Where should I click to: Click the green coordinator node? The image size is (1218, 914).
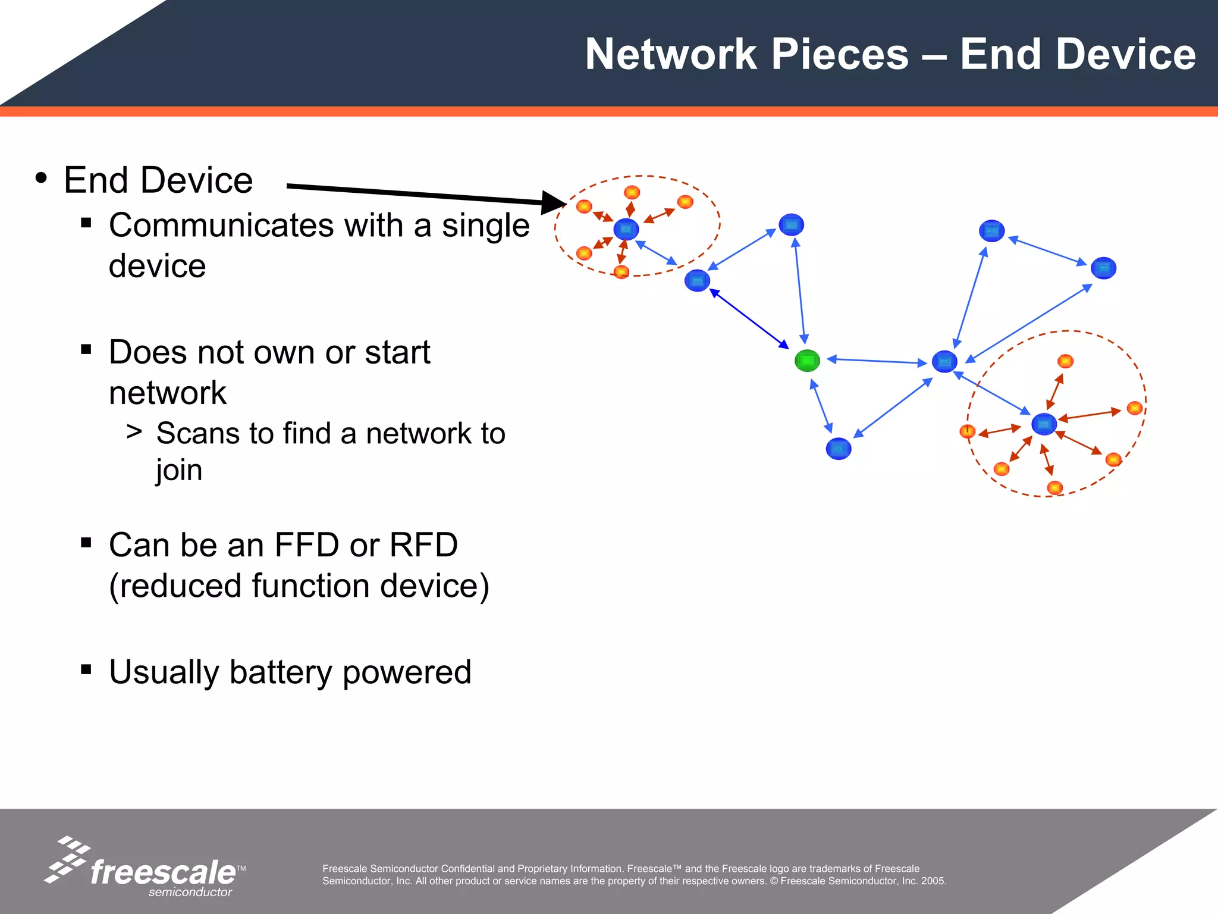[807, 361]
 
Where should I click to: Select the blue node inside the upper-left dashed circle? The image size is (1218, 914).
[626, 229]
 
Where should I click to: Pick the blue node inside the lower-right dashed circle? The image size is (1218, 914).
[1044, 424]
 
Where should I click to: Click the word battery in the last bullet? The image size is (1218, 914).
[282, 672]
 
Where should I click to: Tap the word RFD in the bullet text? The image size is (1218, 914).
[423, 545]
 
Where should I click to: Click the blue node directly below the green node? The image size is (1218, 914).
[839, 449]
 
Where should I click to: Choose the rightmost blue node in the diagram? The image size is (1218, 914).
[1103, 268]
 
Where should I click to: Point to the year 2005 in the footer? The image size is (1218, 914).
[933, 881]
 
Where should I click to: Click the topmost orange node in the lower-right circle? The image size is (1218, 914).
[1065, 361]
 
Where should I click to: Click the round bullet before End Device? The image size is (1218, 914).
[41, 178]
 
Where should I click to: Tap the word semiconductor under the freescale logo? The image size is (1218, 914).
[190, 892]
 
